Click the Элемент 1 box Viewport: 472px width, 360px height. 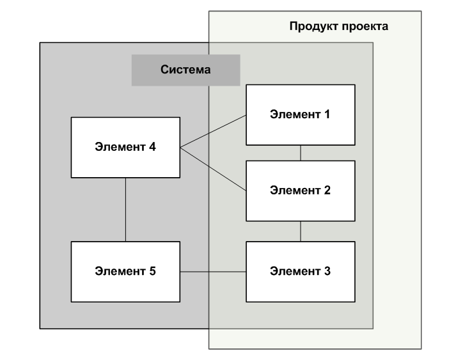point(300,115)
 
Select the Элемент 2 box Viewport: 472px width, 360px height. point(300,190)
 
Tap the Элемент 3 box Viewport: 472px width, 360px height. point(300,271)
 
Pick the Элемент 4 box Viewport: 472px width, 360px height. point(125,147)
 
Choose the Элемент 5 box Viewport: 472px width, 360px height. point(125,271)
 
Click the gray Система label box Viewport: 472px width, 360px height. point(185,70)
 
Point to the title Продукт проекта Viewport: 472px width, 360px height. point(338,27)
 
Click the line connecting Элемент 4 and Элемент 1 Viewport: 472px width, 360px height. point(213,132)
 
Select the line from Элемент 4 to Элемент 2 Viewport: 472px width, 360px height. point(213,169)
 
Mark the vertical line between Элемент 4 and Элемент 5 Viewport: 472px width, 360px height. point(125,209)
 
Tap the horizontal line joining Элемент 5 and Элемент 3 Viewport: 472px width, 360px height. point(213,272)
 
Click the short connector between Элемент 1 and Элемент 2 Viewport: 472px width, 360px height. point(301,153)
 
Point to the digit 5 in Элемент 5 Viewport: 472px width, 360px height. point(152,271)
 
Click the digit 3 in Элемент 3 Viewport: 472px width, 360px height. point(327,271)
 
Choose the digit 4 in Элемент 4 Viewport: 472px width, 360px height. point(152,147)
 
